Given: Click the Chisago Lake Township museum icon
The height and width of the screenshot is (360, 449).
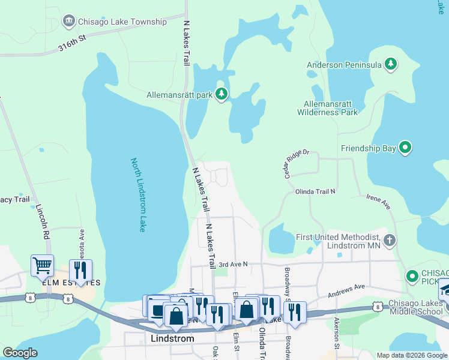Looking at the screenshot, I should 69,22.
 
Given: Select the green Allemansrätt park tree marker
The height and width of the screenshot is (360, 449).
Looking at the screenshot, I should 222,95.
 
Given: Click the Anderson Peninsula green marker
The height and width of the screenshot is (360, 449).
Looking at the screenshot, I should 391,64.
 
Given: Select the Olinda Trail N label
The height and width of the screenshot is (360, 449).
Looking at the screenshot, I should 315,191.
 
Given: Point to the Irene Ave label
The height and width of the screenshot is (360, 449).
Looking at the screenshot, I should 379,202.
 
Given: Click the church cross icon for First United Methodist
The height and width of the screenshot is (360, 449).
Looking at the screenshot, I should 390,241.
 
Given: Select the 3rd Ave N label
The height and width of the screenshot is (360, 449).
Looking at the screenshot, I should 233,264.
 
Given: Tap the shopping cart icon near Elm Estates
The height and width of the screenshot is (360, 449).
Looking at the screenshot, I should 42,265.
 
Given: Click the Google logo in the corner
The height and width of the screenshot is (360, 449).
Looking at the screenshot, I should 20,353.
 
